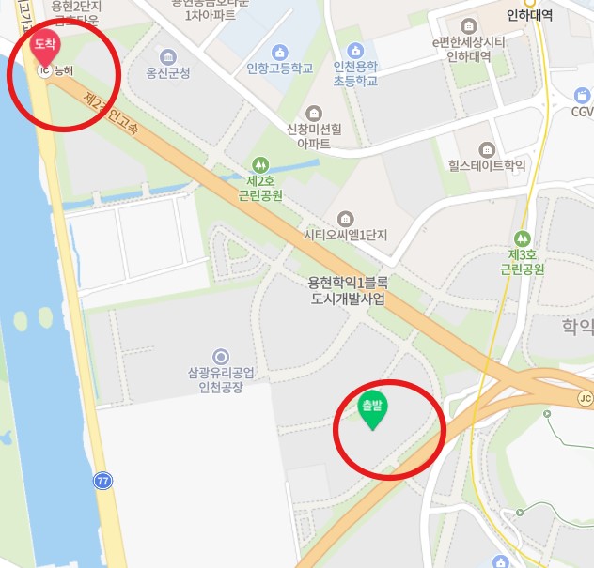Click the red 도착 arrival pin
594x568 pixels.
point(44,44)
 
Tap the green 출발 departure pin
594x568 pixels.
point(373,409)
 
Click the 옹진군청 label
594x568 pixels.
point(168,72)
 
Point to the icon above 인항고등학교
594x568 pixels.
point(279,52)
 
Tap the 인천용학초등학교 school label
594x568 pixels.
point(355,73)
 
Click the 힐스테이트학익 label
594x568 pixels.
point(487,166)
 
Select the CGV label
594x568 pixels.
point(582,112)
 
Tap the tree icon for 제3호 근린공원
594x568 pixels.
point(523,238)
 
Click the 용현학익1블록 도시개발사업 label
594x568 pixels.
point(349,289)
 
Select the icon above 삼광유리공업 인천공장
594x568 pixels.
point(221,356)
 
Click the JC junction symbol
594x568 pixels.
point(585,398)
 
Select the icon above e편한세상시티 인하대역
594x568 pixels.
point(469,24)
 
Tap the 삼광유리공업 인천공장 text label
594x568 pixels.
point(221,380)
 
